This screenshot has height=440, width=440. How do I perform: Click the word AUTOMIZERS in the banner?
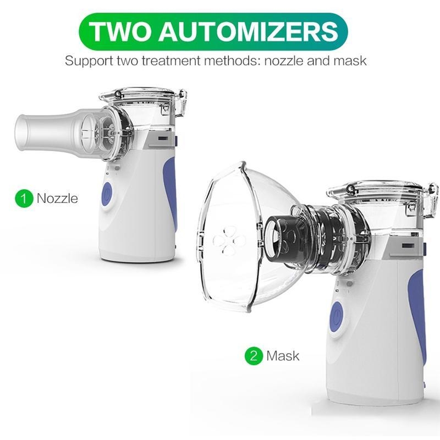point(249,31)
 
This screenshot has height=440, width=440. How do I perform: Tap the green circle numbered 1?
point(24,199)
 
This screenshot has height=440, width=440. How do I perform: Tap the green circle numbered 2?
point(254,356)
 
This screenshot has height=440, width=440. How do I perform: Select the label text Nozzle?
point(58,199)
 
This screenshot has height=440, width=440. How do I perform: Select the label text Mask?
point(283,356)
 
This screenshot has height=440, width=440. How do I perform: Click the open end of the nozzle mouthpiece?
point(20,132)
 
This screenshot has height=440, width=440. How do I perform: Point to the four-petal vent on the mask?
point(229,241)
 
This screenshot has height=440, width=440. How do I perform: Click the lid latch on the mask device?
point(431,200)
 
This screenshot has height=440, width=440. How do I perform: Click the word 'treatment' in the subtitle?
point(172,61)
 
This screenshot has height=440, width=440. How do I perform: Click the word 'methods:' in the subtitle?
point(232,61)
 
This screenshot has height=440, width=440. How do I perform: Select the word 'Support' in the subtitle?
point(89,62)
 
